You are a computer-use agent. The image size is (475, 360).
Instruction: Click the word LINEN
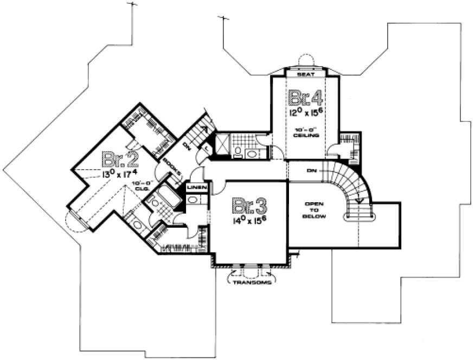click(196, 187)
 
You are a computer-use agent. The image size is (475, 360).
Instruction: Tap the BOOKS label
click(172, 168)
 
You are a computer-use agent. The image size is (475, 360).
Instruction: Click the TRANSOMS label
click(252, 282)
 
